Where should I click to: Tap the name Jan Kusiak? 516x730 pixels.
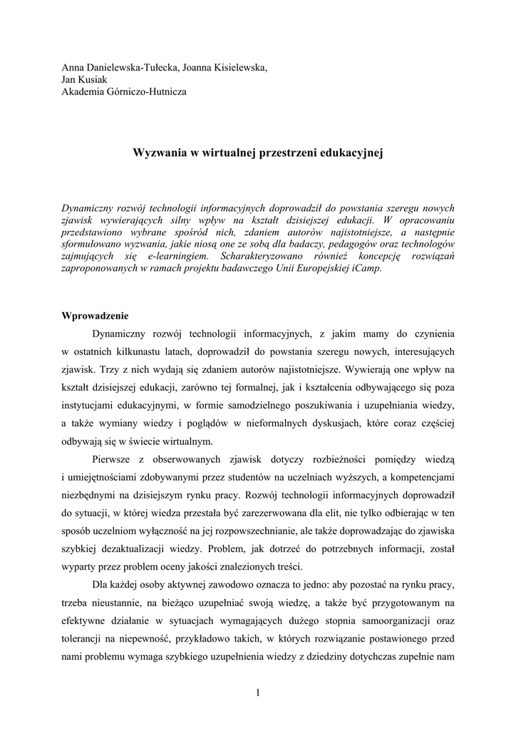point(84,79)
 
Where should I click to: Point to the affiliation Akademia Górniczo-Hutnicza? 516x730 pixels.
point(124,91)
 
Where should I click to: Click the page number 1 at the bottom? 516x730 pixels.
point(258,692)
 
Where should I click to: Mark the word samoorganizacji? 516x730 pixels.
point(396,621)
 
